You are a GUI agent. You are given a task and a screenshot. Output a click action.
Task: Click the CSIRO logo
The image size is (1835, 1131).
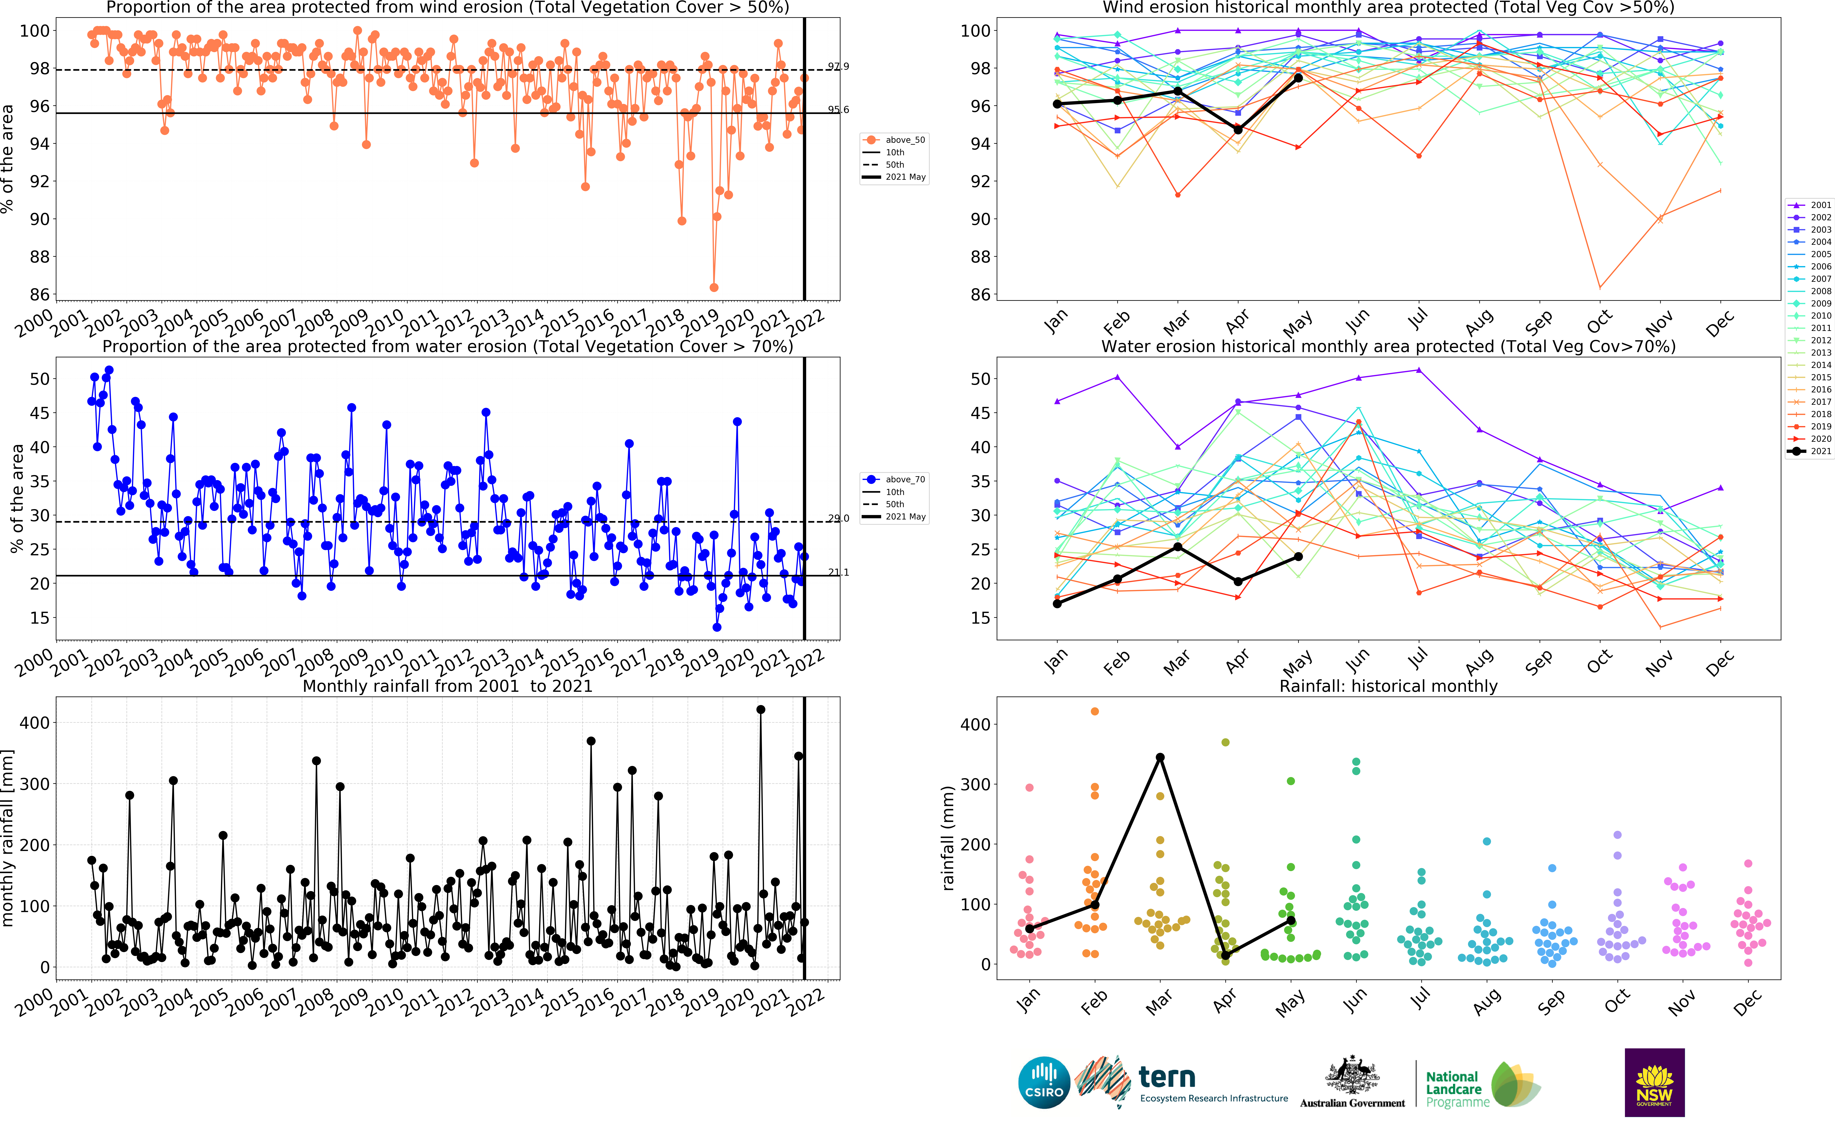1044,1082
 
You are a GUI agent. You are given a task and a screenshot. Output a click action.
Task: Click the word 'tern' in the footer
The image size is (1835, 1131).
1166,1078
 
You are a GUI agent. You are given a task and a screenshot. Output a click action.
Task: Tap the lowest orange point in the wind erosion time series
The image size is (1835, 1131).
714,287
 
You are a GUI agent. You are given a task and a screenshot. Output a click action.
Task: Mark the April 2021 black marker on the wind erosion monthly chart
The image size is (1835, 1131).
1238,130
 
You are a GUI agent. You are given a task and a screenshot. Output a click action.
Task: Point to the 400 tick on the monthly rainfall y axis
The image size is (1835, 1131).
34,723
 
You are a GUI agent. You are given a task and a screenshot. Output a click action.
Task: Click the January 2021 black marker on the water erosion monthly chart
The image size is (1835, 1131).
1057,604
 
